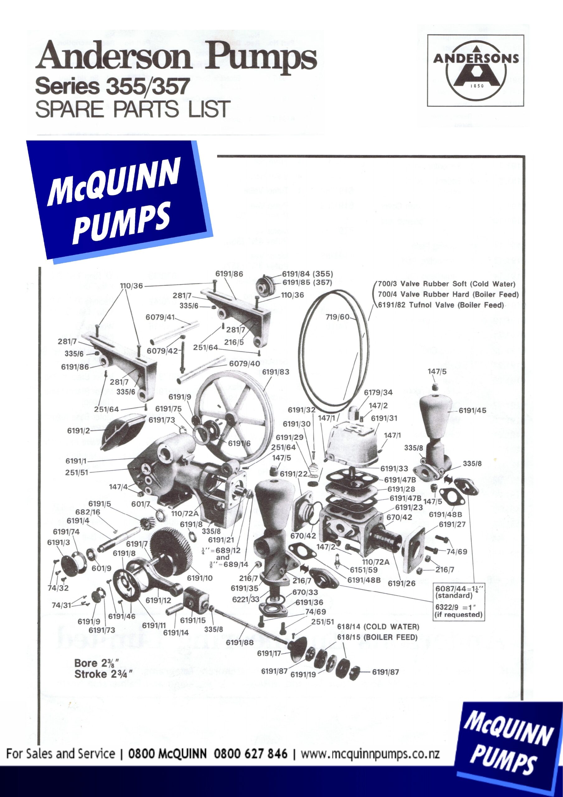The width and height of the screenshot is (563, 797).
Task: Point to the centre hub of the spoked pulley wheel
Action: point(230,417)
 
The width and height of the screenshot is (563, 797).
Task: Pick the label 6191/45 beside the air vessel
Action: point(472,410)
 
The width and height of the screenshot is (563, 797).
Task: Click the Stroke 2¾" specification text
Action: point(103,674)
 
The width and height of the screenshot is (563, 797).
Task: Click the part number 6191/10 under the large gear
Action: point(199,578)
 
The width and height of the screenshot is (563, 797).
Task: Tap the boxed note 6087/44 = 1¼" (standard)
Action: point(458,592)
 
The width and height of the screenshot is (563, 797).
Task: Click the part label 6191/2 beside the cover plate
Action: point(78,431)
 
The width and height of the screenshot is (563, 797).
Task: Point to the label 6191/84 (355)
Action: point(307,274)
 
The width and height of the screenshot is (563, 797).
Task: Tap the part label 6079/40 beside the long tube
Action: point(244,363)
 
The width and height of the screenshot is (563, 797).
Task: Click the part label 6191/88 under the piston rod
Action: point(240,642)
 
